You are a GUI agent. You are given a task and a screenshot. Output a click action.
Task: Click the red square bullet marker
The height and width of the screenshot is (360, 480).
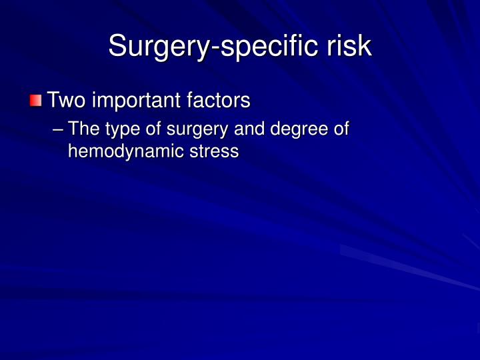click(x=36, y=101)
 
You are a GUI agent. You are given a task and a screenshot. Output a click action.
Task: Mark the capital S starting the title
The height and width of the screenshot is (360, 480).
click(x=117, y=46)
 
